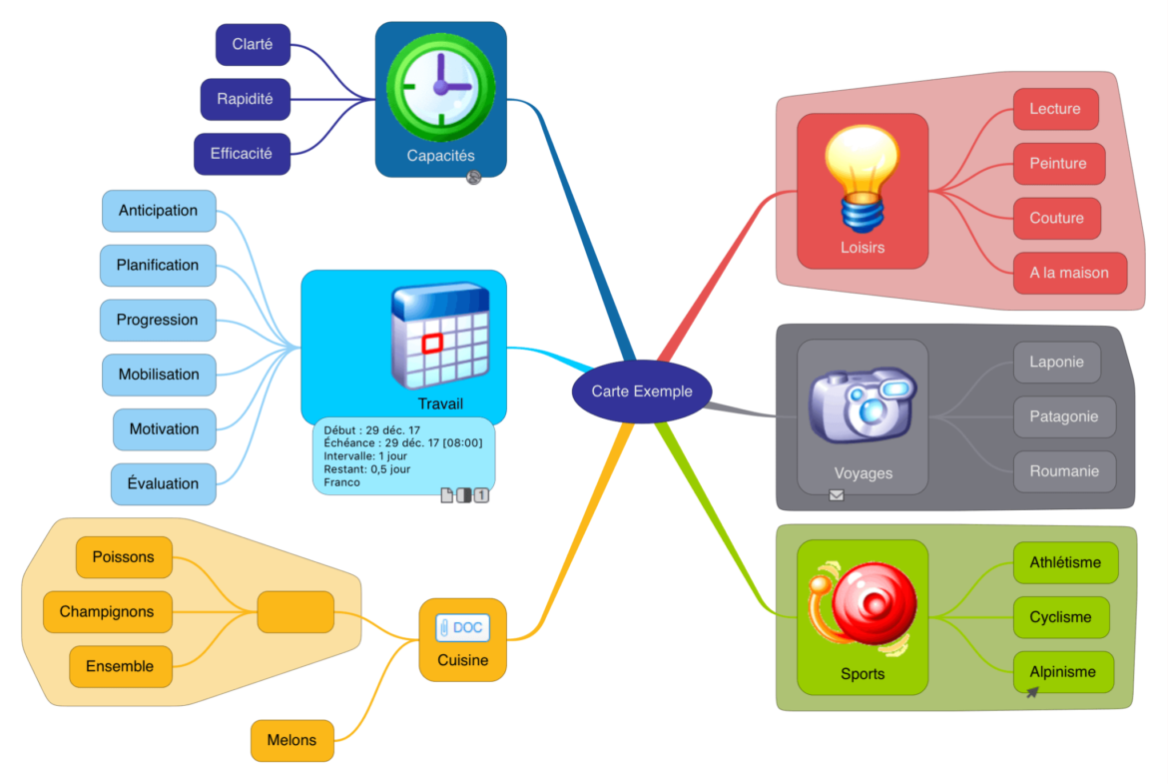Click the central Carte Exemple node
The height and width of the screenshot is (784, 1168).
pos(640,392)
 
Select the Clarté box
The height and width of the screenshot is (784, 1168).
pos(253,45)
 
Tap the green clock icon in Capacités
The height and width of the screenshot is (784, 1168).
pos(440,86)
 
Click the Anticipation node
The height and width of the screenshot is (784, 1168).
pos(159,211)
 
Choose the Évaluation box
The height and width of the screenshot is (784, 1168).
pos(163,483)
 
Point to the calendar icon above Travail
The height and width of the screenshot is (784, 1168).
pos(439,336)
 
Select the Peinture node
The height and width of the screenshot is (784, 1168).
pos(1058,164)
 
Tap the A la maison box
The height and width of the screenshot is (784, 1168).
pos(1069,273)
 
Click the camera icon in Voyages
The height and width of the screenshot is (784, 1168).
pos(862,403)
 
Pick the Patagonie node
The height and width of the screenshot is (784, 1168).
pos(1064,416)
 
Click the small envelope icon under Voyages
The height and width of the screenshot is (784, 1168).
pos(837,494)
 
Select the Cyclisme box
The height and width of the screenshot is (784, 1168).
pos(1061,617)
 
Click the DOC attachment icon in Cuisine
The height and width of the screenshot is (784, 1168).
pos(463,627)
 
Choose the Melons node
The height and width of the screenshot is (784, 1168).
pos(292,740)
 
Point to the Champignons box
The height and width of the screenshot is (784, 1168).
pos(107,611)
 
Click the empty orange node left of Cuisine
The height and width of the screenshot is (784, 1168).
pos(295,611)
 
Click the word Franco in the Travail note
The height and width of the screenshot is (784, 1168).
pos(341,482)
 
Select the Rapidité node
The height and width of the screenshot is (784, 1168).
pos(246,100)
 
